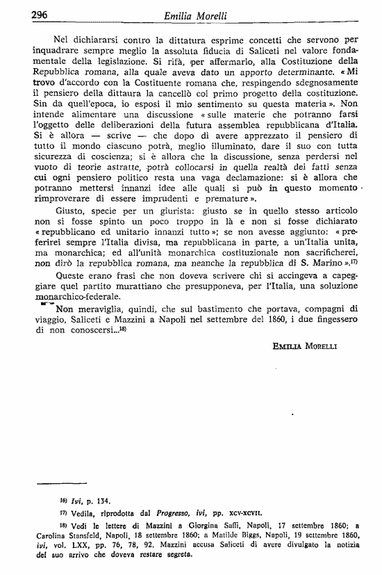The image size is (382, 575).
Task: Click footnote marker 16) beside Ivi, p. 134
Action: (x=63, y=501)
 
